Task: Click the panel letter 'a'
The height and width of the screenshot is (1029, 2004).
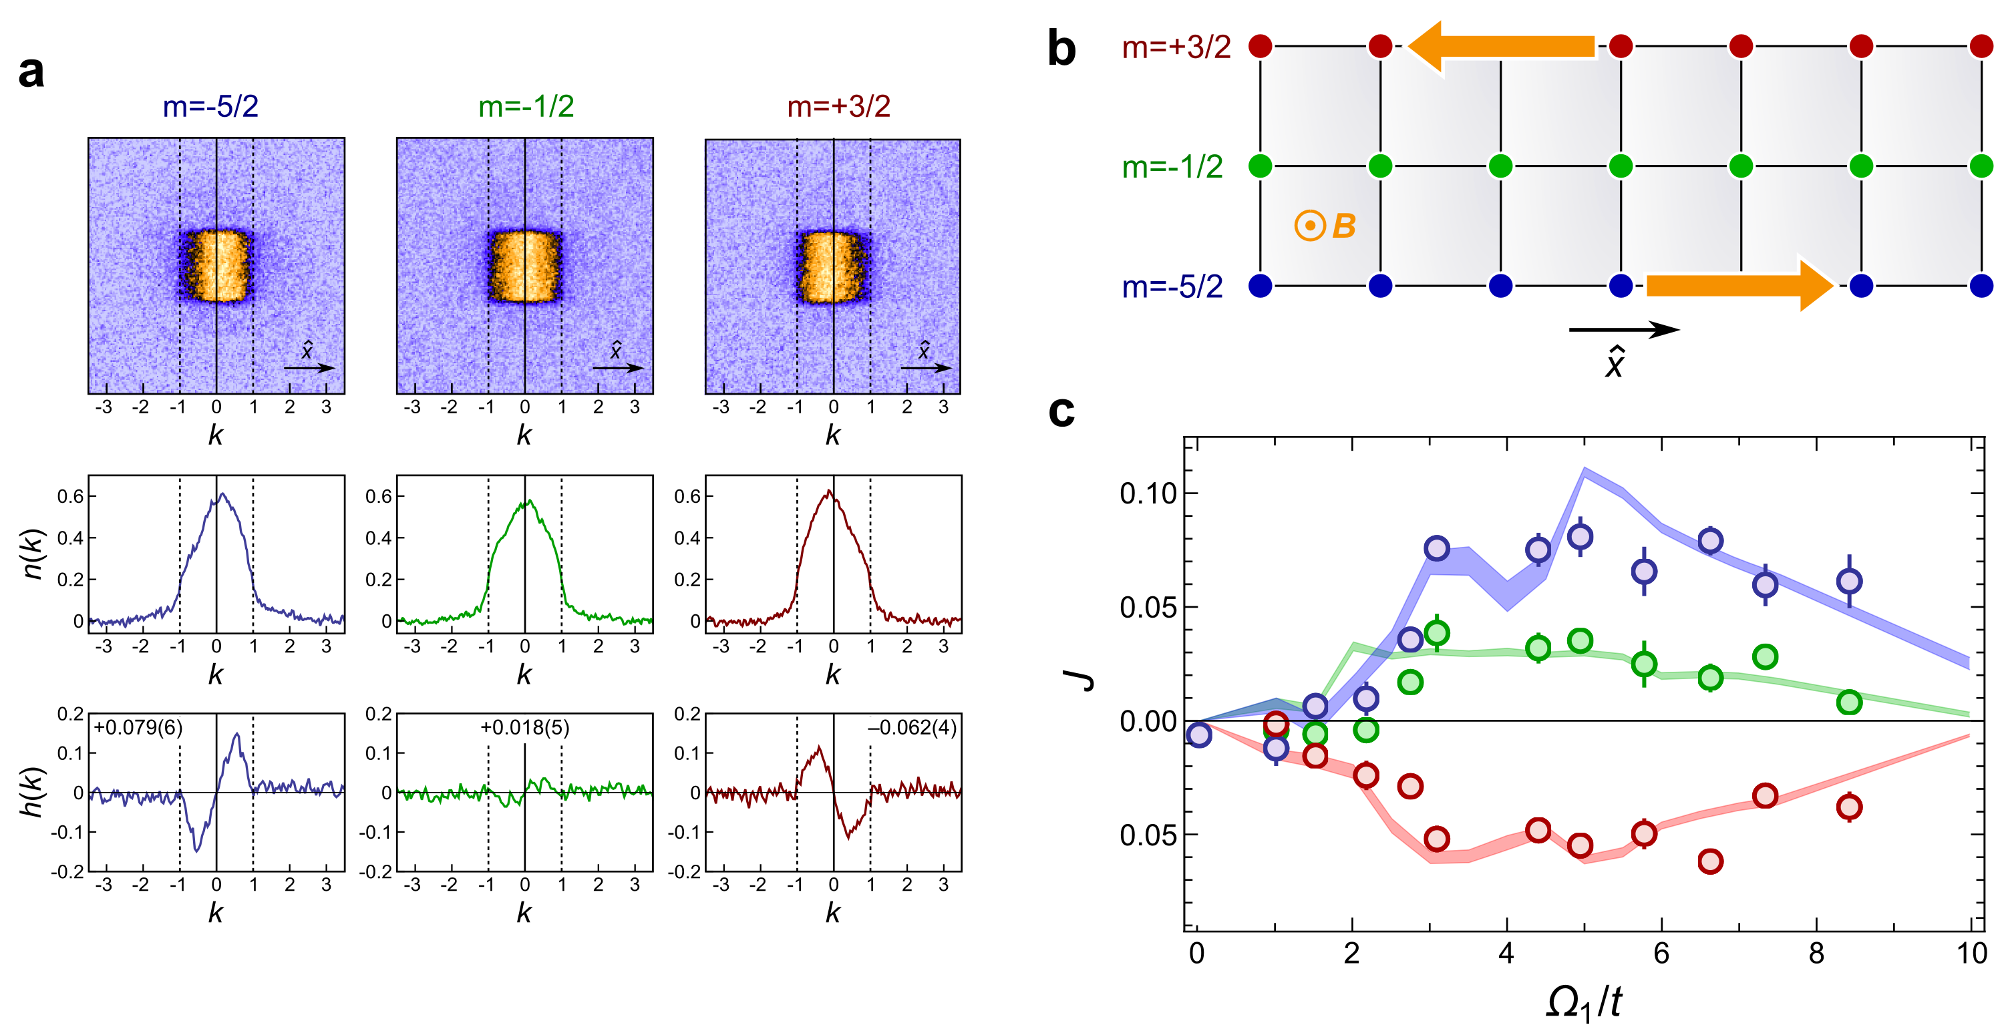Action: click(x=31, y=72)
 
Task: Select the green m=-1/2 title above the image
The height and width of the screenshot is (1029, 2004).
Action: click(x=526, y=106)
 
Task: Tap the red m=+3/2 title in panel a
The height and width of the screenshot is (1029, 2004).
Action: click(x=838, y=106)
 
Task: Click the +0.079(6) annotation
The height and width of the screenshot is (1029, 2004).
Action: click(x=138, y=727)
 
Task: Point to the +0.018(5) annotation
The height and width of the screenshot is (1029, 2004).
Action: click(x=524, y=727)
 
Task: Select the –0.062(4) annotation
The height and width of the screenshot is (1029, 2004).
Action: click(x=912, y=727)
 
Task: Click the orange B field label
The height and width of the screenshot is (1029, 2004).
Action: click(x=1343, y=226)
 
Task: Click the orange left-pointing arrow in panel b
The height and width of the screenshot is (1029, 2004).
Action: click(x=1502, y=47)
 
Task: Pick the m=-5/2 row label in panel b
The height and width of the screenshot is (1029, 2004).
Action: click(x=1172, y=287)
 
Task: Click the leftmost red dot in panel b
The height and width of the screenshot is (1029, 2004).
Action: click(x=1261, y=46)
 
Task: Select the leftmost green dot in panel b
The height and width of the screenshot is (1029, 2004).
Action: click(x=1261, y=166)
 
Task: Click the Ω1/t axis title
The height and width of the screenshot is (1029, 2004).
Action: click(x=1584, y=1002)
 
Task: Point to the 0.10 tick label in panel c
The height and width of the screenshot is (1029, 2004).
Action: click(x=1148, y=493)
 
